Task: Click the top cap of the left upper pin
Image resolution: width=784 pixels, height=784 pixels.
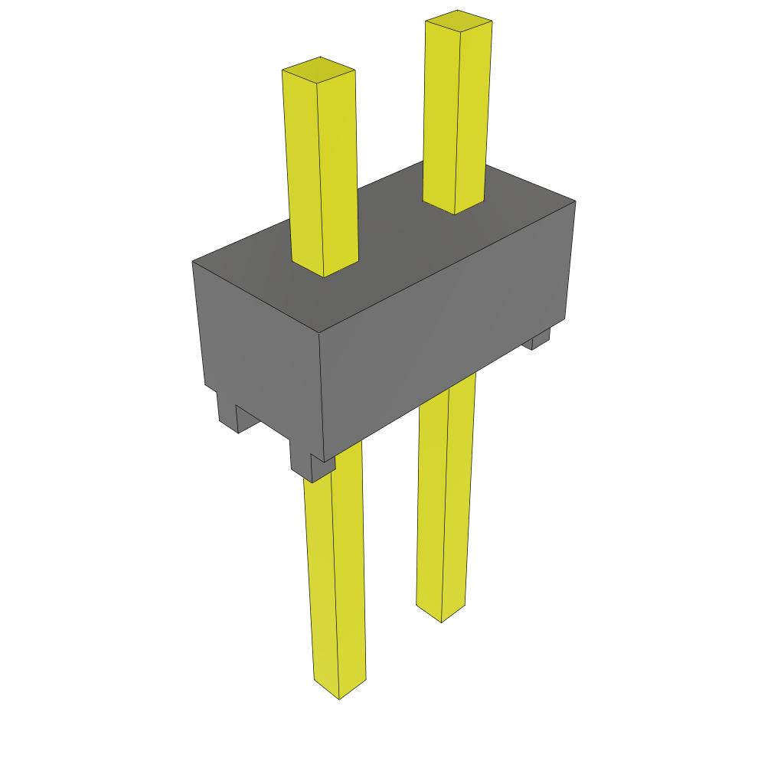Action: [318, 70]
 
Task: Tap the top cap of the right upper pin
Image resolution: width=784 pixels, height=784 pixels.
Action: [459, 21]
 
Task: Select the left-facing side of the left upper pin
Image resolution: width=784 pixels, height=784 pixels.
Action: [302, 168]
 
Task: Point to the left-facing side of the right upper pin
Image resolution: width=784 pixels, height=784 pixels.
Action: [440, 115]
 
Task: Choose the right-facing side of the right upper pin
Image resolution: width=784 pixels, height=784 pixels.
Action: [472, 115]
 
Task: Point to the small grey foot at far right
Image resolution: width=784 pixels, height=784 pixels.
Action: [541, 338]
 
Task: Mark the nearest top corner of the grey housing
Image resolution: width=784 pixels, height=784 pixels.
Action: [318, 332]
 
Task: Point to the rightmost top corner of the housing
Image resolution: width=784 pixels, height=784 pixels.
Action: [575, 201]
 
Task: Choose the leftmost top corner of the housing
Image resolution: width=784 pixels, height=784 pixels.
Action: [192, 262]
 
